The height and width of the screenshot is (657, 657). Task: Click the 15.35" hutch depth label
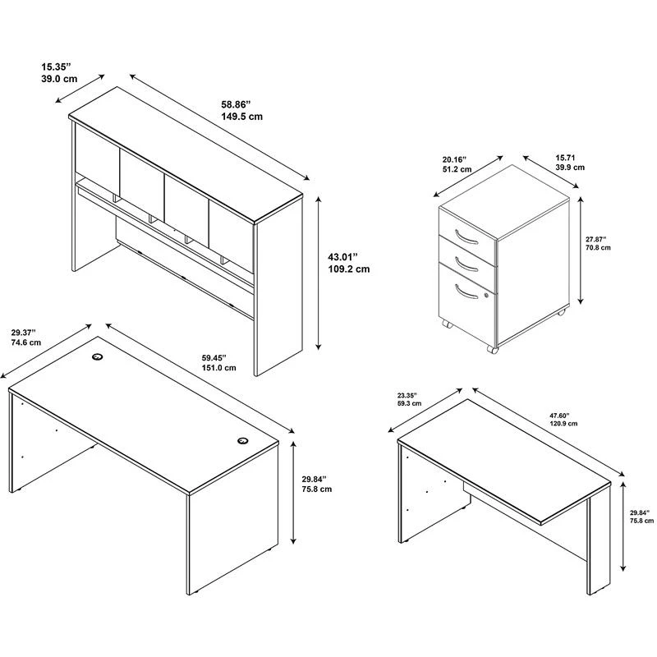pyautogui.click(x=57, y=67)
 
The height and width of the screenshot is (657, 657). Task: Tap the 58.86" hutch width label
pyautogui.click(x=236, y=104)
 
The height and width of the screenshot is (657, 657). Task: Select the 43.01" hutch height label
pyautogui.click(x=342, y=256)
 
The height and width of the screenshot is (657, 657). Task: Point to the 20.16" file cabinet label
pyautogui.click(x=455, y=159)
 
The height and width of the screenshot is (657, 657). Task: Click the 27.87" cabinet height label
pyautogui.click(x=596, y=239)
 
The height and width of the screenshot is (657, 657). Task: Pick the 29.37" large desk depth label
pyautogui.click(x=24, y=333)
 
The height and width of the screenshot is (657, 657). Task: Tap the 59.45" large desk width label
pyautogui.click(x=214, y=358)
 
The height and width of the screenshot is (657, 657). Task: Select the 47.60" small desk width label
pyautogui.click(x=560, y=416)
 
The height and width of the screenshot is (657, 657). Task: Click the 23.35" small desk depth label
pyautogui.click(x=407, y=395)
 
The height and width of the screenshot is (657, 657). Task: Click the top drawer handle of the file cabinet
pyautogui.click(x=466, y=237)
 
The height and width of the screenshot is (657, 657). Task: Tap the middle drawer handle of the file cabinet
pyautogui.click(x=466, y=263)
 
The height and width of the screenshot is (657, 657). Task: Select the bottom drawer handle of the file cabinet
pyautogui.click(x=466, y=292)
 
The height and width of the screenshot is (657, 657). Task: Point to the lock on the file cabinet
pyautogui.click(x=486, y=296)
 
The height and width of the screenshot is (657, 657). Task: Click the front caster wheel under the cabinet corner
pyautogui.click(x=492, y=349)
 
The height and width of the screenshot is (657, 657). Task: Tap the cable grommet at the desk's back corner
pyautogui.click(x=98, y=356)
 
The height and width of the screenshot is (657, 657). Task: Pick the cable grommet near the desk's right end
pyautogui.click(x=242, y=440)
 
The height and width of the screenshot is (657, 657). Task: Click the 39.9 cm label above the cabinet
pyautogui.click(x=570, y=168)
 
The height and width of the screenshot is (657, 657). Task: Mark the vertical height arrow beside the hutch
pyautogui.click(x=319, y=273)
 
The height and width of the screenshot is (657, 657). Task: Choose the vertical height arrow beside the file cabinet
pyautogui.click(x=581, y=250)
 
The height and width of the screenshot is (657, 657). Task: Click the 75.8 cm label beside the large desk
pyautogui.click(x=317, y=489)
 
